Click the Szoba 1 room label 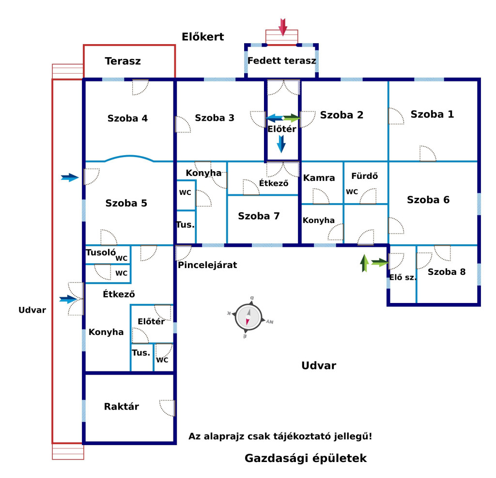432,114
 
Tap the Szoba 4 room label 127,118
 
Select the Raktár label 122,406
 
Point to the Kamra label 319,178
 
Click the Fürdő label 364,175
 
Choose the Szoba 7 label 259,216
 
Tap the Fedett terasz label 281,61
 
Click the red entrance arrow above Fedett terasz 283,27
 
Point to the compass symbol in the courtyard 248,317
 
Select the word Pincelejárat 207,265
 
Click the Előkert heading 203,37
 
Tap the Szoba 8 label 446,272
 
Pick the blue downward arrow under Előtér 281,144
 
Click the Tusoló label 101,252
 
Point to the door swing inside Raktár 167,408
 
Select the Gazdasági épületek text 306,458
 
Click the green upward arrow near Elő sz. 364,263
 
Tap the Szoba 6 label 428,200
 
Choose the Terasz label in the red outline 123,61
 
